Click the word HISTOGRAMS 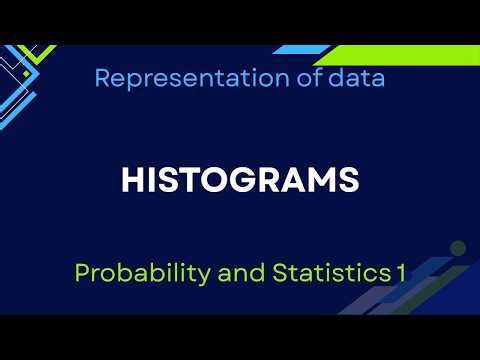[240, 180]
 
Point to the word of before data [300, 78]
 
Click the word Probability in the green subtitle [129, 272]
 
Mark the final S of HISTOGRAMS [349, 180]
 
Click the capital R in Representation [103, 78]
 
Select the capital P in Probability [82, 272]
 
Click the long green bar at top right [400, 55]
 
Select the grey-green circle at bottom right [458, 248]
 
